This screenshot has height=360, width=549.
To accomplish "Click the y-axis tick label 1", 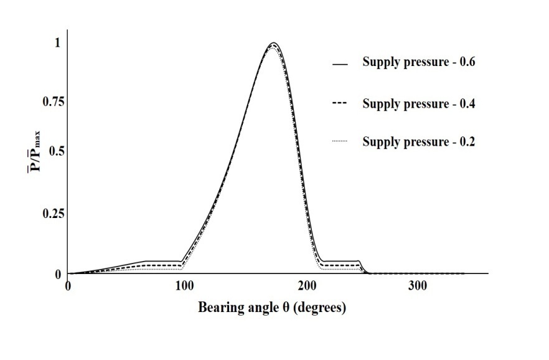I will (58, 43).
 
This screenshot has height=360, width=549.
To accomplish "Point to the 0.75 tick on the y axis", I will (53, 102).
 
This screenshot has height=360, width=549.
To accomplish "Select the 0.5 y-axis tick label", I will (55, 151).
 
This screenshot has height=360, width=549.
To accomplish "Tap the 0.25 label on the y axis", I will (53, 214).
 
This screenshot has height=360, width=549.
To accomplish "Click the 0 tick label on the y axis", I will (58, 274).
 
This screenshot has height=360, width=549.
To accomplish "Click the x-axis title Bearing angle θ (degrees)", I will (272, 308).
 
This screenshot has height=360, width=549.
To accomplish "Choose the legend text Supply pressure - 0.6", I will (419, 62).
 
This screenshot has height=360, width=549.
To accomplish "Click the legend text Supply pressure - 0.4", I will (419, 104).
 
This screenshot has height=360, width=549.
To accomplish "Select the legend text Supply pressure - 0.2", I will (419, 141).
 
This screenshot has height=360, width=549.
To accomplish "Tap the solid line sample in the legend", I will (340, 64).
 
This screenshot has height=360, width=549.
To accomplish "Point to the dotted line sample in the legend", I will (340, 142).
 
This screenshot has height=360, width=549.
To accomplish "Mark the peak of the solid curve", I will (273, 43).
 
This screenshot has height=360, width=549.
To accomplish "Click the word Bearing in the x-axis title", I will (218, 308).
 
